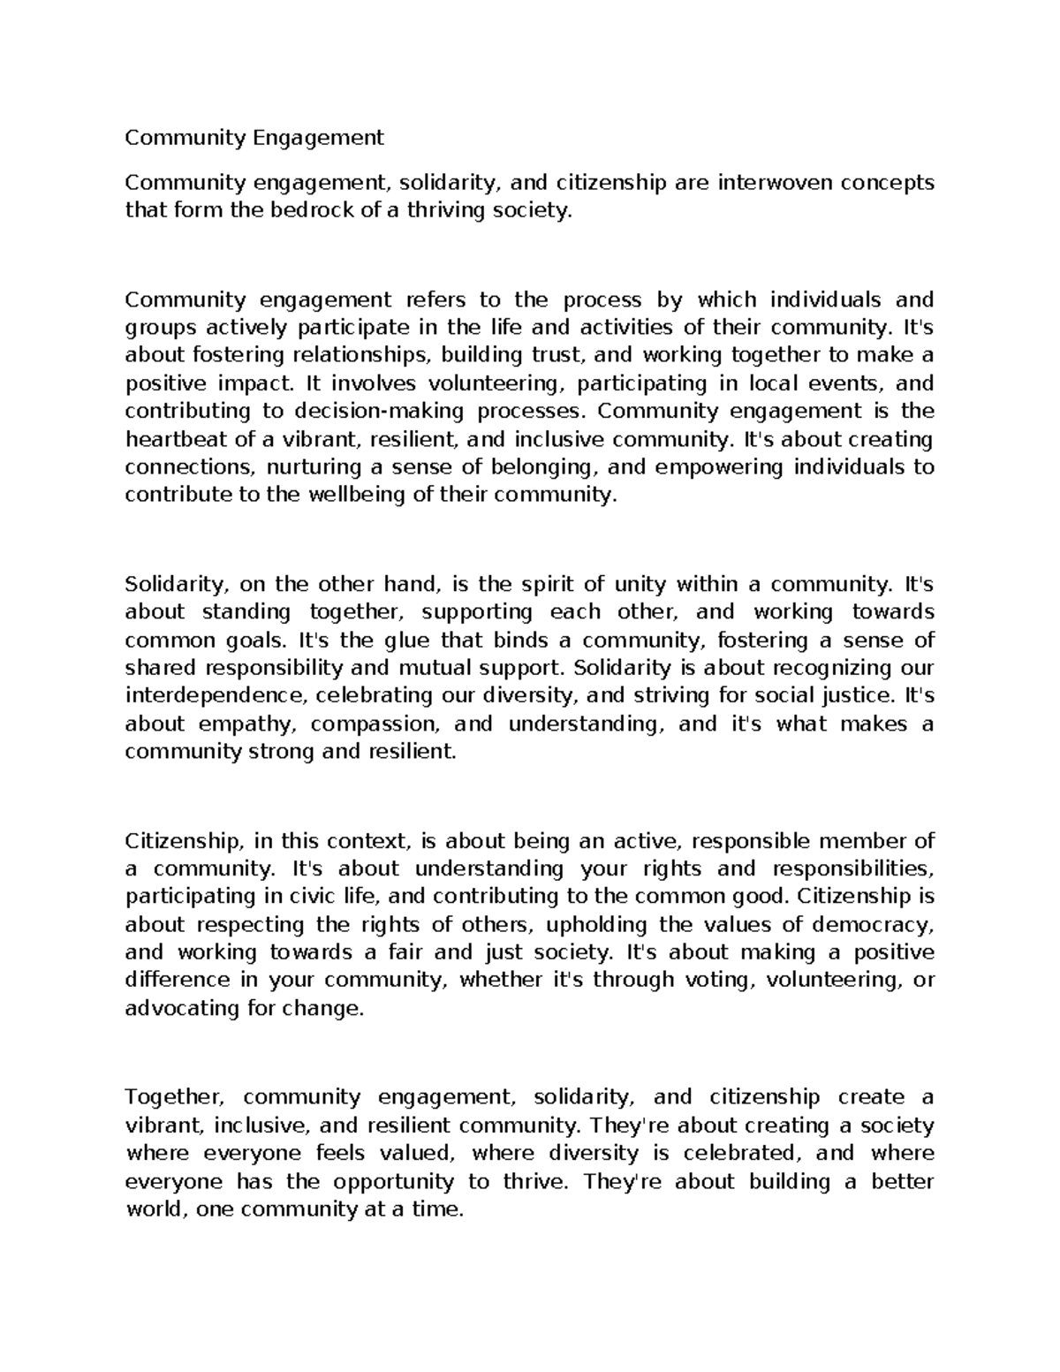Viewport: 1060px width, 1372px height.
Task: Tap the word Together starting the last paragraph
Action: coord(170,1097)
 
